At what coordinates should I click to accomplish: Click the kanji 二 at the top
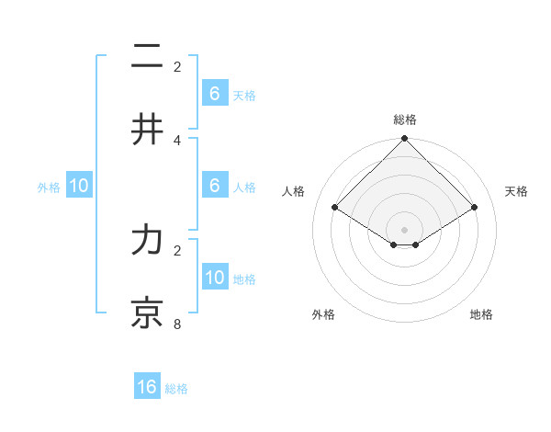pyautogui.click(x=147, y=57)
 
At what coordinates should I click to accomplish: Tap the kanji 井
pyautogui.click(x=147, y=130)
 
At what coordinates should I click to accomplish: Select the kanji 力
pyautogui.click(x=147, y=240)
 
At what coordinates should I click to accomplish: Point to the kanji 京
pyautogui.click(x=147, y=313)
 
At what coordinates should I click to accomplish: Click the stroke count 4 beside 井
pyautogui.click(x=177, y=141)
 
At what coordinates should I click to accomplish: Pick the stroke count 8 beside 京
pyautogui.click(x=177, y=324)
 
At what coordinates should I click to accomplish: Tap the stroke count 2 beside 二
pyautogui.click(x=177, y=67)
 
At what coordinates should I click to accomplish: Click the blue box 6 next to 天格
pyautogui.click(x=215, y=93)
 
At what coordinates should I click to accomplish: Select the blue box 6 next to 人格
pyautogui.click(x=215, y=185)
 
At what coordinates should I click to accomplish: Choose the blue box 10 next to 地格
pyautogui.click(x=215, y=277)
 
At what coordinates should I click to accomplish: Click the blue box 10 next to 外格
pyautogui.click(x=79, y=186)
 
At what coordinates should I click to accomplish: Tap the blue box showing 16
pyautogui.click(x=147, y=387)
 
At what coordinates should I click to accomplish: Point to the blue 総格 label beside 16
pyautogui.click(x=176, y=389)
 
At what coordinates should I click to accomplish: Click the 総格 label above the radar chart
pyautogui.click(x=405, y=119)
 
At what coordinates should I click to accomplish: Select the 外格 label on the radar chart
pyautogui.click(x=323, y=314)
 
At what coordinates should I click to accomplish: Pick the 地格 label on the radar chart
pyautogui.click(x=481, y=314)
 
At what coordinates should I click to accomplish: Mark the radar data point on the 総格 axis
pyautogui.click(x=405, y=140)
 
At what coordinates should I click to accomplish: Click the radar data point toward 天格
pyautogui.click(x=475, y=208)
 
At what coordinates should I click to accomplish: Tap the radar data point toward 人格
pyautogui.click(x=335, y=208)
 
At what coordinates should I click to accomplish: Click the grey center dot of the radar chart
pyautogui.click(x=405, y=230)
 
